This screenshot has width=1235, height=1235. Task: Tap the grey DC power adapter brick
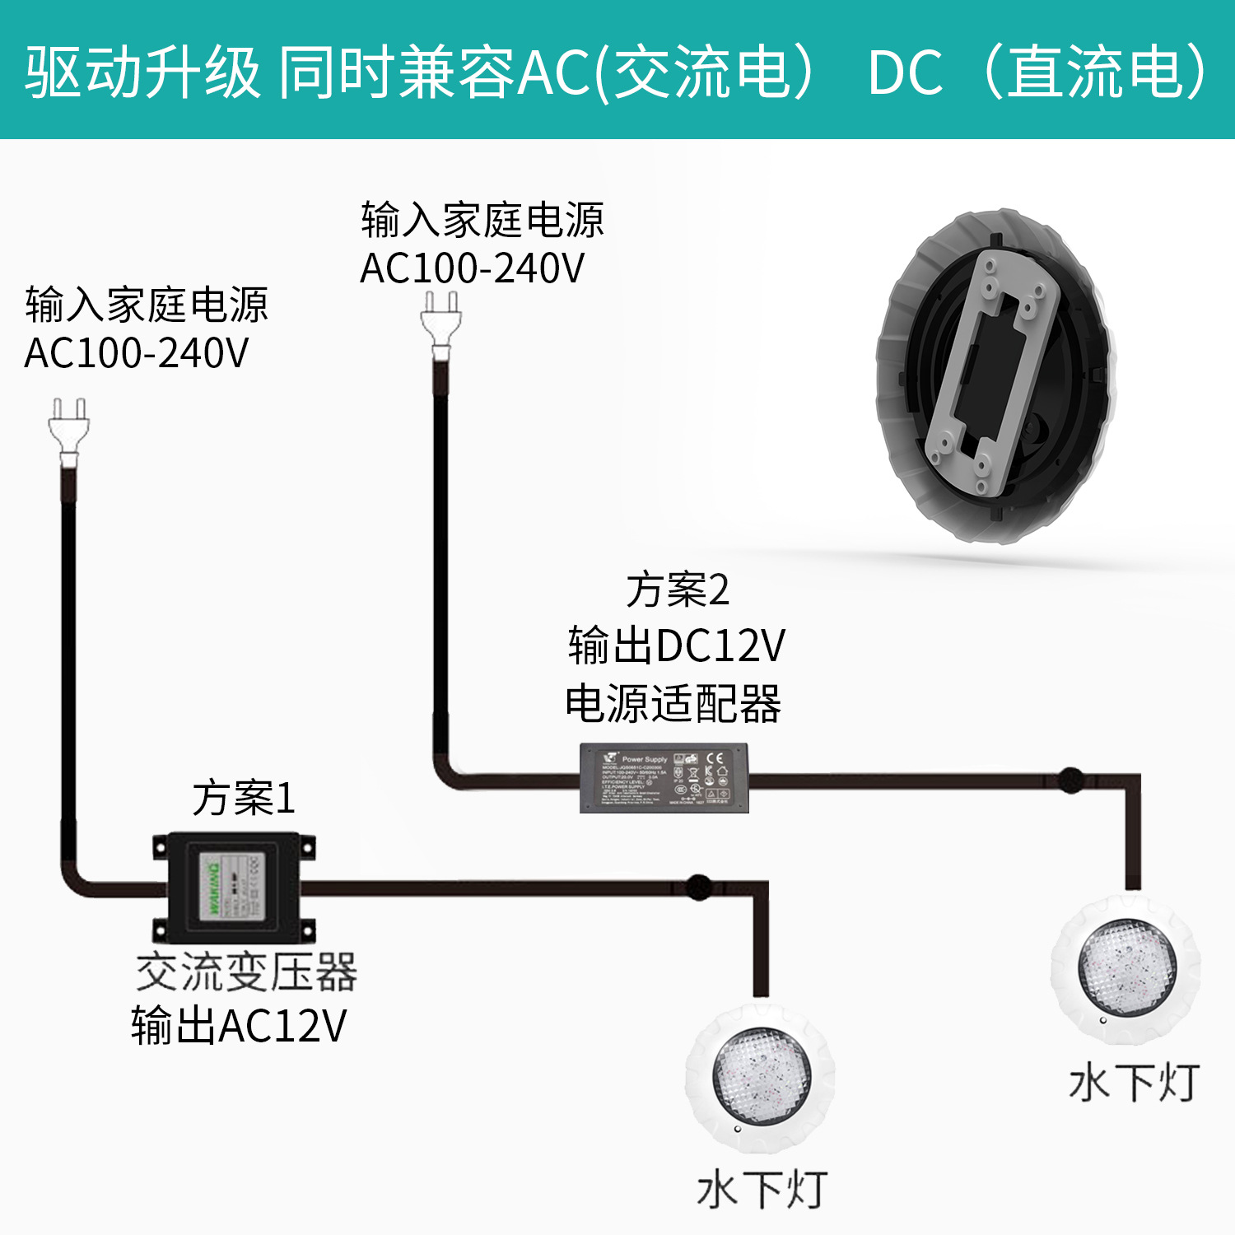(x=664, y=777)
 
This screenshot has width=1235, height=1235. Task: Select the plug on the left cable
(x=68, y=432)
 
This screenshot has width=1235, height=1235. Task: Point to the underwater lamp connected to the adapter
(x=1126, y=968)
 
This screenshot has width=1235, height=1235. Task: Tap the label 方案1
(x=244, y=798)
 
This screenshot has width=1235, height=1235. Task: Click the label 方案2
(x=677, y=590)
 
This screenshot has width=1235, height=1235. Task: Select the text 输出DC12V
(x=676, y=645)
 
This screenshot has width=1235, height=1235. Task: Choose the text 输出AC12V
(x=239, y=1026)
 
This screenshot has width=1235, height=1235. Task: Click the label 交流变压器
(x=246, y=972)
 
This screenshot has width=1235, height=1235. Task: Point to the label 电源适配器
(x=673, y=704)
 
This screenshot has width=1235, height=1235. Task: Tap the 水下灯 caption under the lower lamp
(x=762, y=1191)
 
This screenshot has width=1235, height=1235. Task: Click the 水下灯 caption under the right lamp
(x=1134, y=1083)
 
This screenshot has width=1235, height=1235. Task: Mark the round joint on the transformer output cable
(x=698, y=887)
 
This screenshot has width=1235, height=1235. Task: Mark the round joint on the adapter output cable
(x=1070, y=778)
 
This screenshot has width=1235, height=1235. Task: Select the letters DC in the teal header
(x=905, y=72)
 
